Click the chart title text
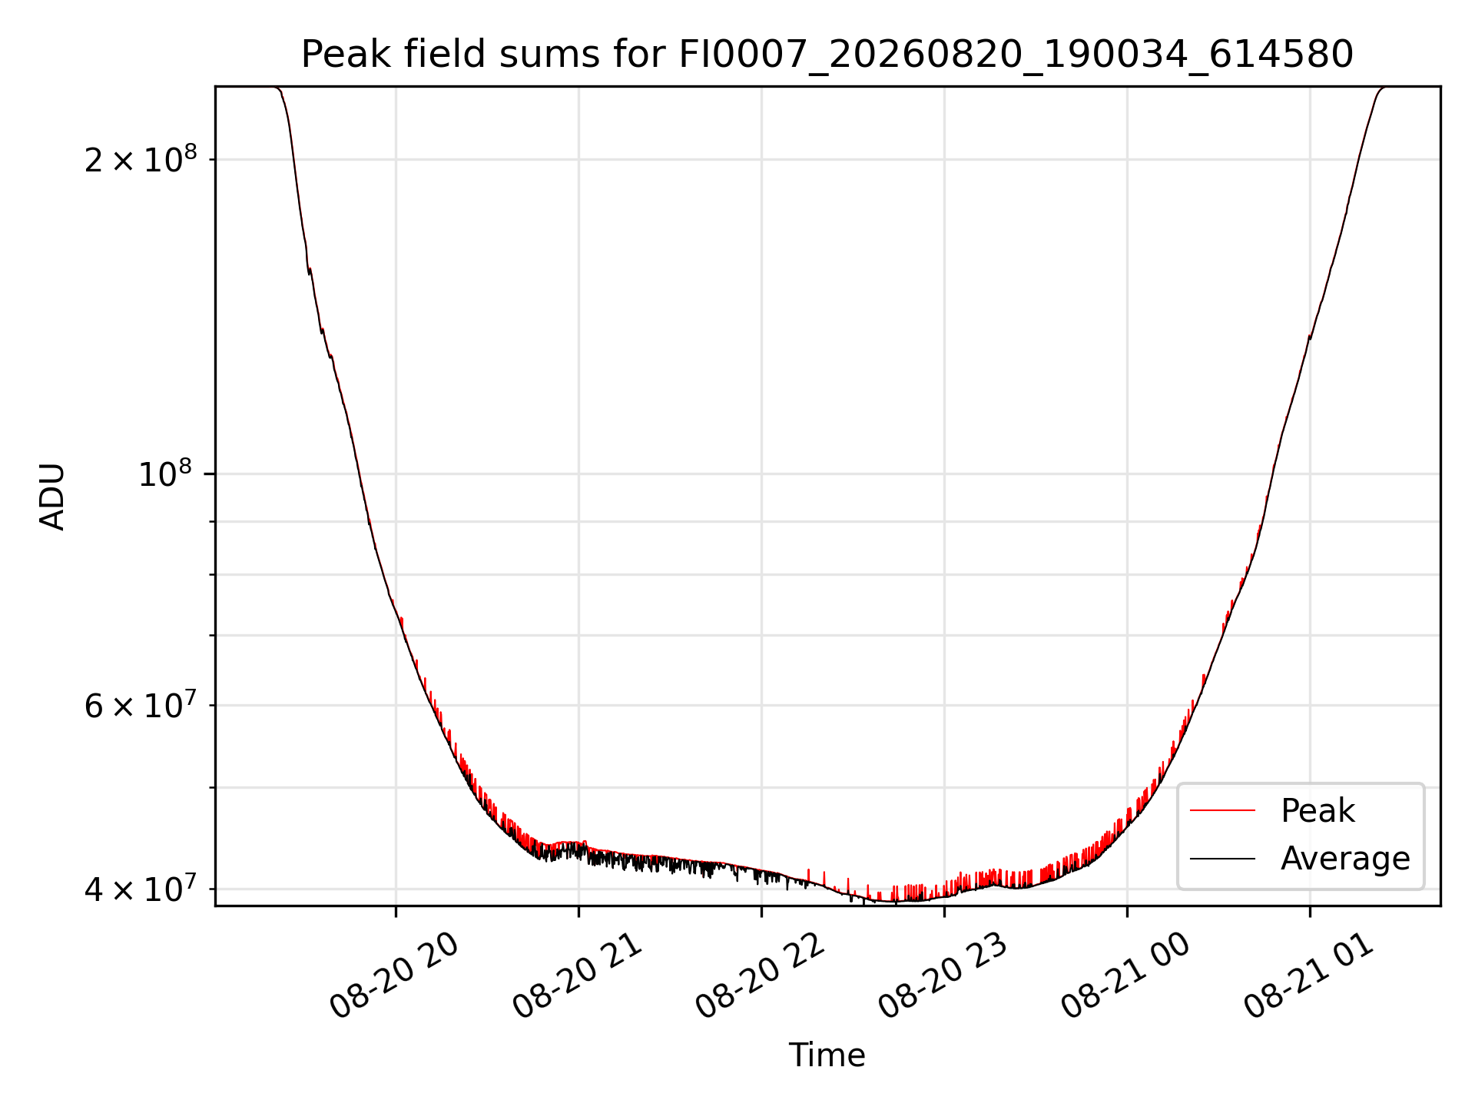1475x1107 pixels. (827, 55)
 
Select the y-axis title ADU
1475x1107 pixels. (52, 496)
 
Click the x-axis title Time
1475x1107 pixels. (827, 1055)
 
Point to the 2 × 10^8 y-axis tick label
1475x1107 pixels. (140, 159)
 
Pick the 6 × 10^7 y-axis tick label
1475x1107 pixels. (140, 704)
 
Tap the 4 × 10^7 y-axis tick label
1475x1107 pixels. (140, 888)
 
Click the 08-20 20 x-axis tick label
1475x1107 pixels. (394, 975)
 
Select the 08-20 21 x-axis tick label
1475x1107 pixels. (577, 975)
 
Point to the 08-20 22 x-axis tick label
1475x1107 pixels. (760, 975)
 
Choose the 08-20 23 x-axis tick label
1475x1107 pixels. (943, 975)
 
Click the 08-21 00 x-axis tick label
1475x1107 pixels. (1125, 975)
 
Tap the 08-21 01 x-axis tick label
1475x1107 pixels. (1308, 975)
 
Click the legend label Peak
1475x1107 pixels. (1318, 811)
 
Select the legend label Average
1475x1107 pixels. (1345, 859)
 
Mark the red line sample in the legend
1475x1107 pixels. (1222, 811)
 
